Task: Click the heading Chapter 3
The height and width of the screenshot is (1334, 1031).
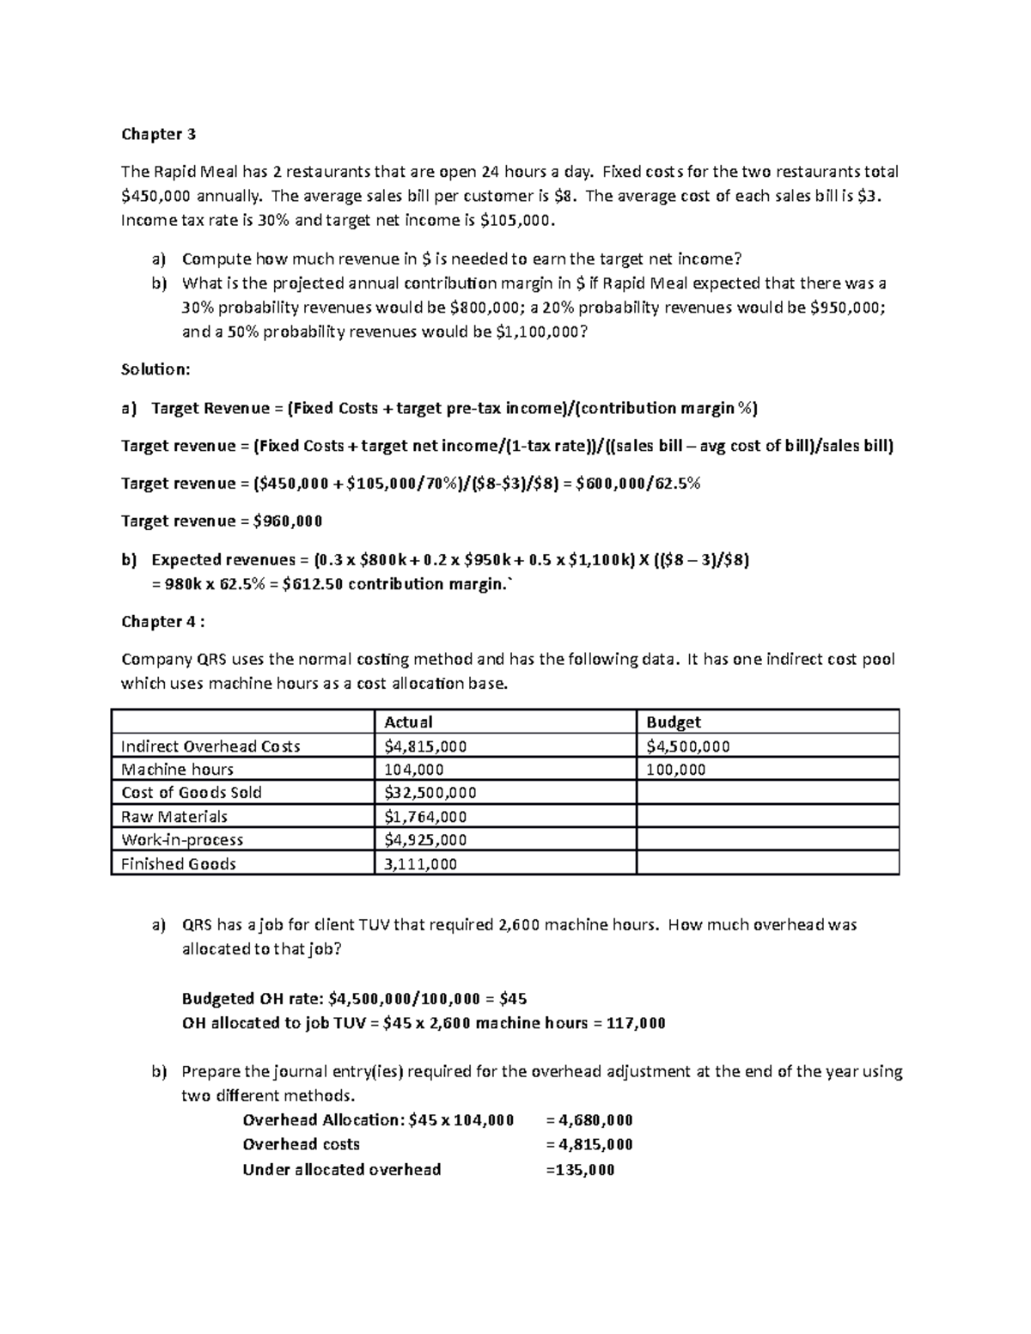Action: [x=158, y=134]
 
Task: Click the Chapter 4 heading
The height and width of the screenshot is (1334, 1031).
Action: [x=163, y=621]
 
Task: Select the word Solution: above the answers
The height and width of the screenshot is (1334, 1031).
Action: [x=155, y=369]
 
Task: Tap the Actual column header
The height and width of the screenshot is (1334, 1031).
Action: [x=408, y=722]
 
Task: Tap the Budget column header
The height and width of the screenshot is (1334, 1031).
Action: [x=674, y=722]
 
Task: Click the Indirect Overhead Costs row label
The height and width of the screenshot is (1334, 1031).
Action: [x=210, y=746]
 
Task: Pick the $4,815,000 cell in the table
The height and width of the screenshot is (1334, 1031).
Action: [x=425, y=746]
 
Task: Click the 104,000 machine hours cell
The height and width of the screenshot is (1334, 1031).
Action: [x=414, y=770]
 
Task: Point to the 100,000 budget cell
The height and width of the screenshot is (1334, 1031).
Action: [x=676, y=770]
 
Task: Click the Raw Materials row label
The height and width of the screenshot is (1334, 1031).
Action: [x=174, y=817]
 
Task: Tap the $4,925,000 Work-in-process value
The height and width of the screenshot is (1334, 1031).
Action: [x=425, y=840]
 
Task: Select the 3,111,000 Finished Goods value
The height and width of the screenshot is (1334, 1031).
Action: [x=420, y=864]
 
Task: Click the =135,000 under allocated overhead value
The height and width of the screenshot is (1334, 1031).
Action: [x=580, y=1170]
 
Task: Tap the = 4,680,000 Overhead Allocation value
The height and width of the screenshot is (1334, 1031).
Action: [x=589, y=1120]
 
